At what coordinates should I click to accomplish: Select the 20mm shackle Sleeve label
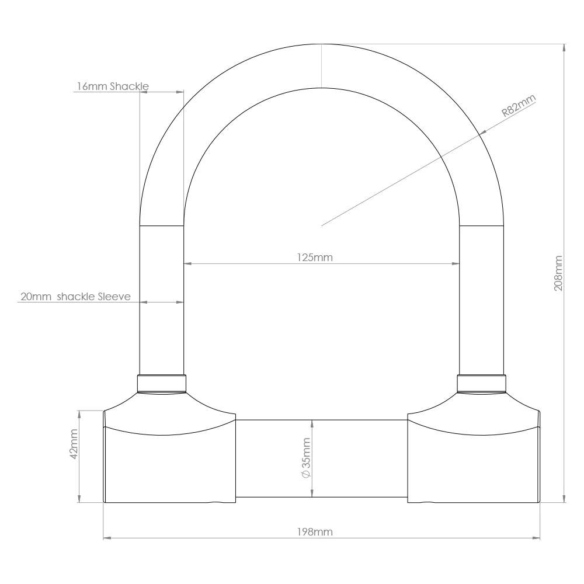point(75,296)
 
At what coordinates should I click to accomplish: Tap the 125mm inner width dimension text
point(315,258)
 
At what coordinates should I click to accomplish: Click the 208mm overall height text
point(558,273)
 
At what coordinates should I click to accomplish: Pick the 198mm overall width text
point(315,532)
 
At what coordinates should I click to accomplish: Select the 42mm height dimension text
point(74,445)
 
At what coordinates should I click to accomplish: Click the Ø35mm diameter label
point(305,458)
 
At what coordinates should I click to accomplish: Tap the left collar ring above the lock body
point(162,384)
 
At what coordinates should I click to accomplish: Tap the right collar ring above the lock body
point(481,384)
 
